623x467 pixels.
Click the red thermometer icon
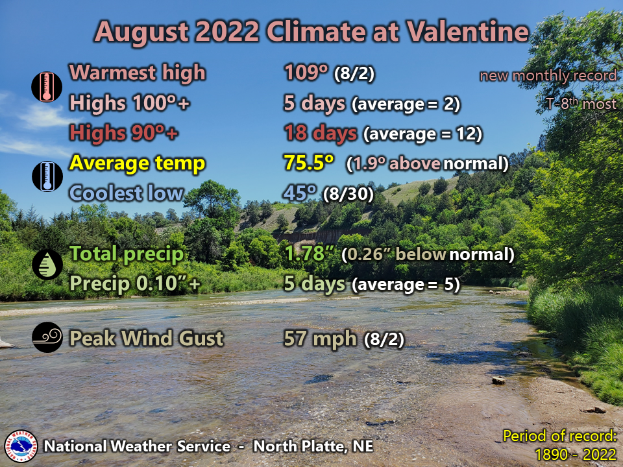pos(47,87)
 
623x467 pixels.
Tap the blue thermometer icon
pos(47,176)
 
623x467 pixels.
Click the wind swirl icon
pos(47,338)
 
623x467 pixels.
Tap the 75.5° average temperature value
pos(309,163)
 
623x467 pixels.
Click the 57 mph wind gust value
pos(320,338)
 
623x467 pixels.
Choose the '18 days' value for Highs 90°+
pos(320,133)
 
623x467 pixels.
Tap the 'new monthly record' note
pos(548,76)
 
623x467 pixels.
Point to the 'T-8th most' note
pos(581,104)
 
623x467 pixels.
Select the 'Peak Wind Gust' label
pos(146,338)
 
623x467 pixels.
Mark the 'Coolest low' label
pos(126,193)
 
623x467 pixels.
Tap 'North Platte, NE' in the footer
pos(313,446)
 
